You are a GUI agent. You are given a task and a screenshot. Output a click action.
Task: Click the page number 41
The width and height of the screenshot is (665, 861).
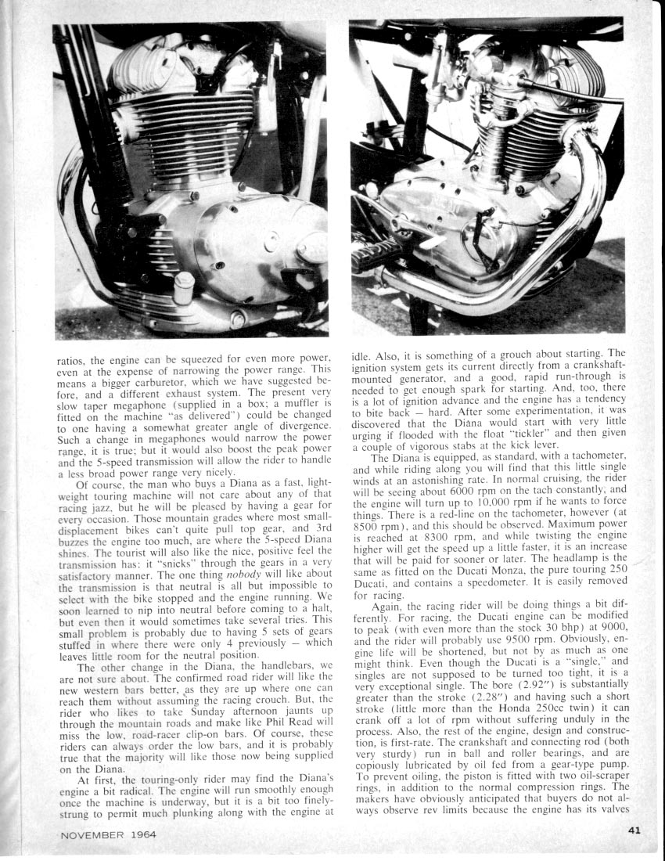coord(633,831)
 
